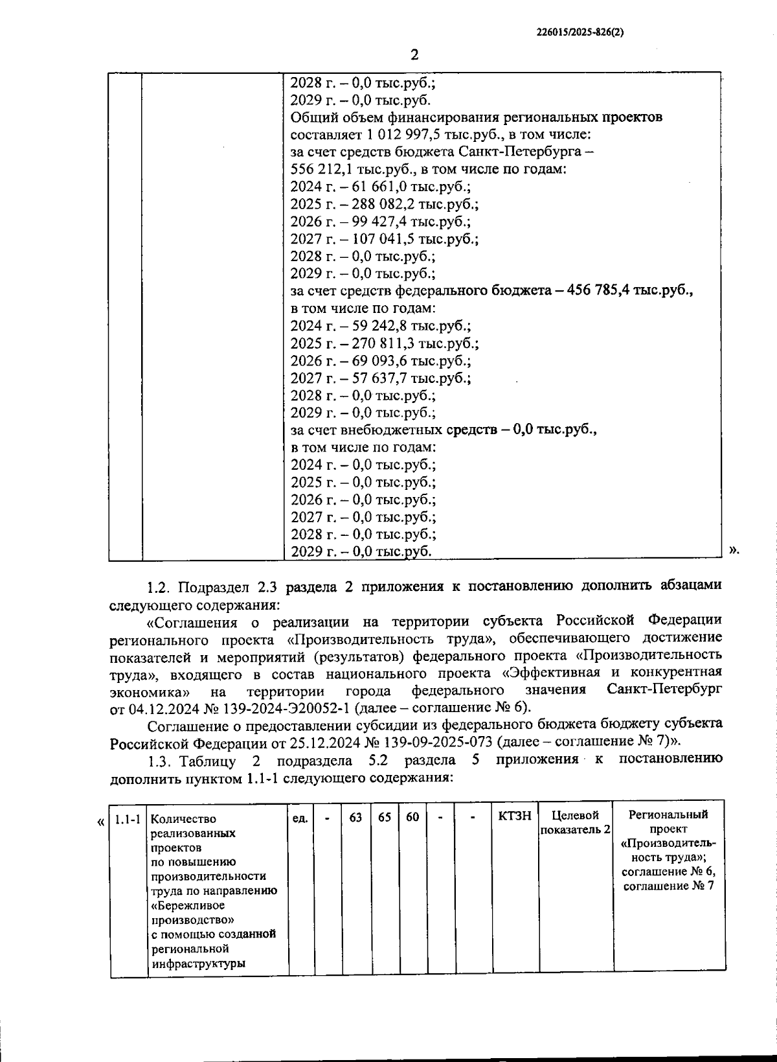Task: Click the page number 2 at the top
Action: [x=414, y=54]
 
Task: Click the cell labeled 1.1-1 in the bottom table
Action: [x=128, y=820]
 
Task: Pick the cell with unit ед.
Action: [x=300, y=818]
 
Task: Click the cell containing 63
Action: [x=355, y=818]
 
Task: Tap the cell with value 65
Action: [x=385, y=818]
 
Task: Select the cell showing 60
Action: [x=412, y=818]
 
